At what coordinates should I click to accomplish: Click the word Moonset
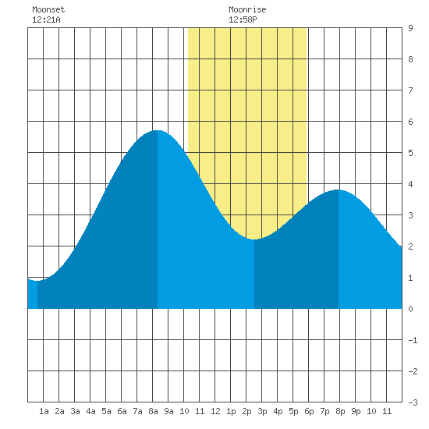pos(48,9)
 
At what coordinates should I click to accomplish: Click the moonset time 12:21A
pos(46,19)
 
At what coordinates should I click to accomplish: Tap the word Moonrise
pos(247,9)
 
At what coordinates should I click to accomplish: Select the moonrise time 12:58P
pos(243,19)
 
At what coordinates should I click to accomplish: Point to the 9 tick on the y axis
pos(410,28)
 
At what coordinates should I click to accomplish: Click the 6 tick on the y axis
pos(410,122)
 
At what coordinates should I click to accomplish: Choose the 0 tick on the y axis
pos(410,309)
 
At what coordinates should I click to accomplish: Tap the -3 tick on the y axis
pos(413,402)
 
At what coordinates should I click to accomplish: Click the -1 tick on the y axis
pos(413,340)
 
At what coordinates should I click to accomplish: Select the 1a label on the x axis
pos(44,411)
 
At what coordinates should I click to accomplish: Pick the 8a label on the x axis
pos(153,411)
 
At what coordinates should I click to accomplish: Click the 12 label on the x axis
pos(215,411)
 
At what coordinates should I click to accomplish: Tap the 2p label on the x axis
pos(246,411)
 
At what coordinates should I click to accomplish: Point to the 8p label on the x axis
pos(340,411)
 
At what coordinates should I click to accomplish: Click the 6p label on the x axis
pos(309,411)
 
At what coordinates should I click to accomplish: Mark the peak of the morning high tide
pos(158,130)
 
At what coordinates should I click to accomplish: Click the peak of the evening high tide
pos(339,190)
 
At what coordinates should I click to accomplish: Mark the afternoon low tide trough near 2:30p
pos(254,239)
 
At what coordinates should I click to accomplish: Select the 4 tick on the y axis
pos(410,184)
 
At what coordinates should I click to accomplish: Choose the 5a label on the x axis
pos(106,411)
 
